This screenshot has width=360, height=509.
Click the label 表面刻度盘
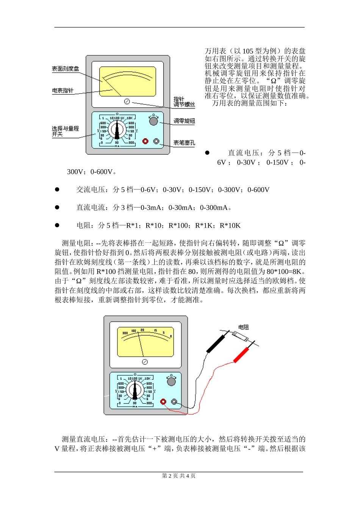pyautogui.click(x=65, y=69)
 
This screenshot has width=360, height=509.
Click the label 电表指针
pyautogui.click(x=63, y=91)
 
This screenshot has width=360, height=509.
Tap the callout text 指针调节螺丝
pyautogui.click(x=184, y=102)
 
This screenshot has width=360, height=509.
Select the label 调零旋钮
pyautogui.click(x=184, y=121)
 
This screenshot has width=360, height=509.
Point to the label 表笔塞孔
pyautogui.click(x=184, y=143)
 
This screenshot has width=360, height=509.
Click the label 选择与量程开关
pyautogui.click(x=65, y=131)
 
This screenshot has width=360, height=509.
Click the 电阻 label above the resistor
pyautogui.click(x=243, y=327)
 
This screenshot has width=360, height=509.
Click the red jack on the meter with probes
pyautogui.click(x=163, y=401)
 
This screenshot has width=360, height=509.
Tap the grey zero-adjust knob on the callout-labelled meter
pyautogui.click(x=153, y=121)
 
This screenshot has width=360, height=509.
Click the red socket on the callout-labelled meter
pyautogui.click(x=145, y=141)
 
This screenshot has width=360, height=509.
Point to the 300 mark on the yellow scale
pyautogui.click(x=125, y=333)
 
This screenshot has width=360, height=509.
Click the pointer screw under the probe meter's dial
pyautogui.click(x=144, y=362)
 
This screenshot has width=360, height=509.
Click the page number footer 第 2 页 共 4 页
pyautogui.click(x=179, y=476)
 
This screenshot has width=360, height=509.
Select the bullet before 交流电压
pyautogui.click(x=57, y=189)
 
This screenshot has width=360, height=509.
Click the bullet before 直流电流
pyautogui.click(x=57, y=207)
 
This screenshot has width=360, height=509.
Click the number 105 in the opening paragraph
pyautogui.click(x=248, y=51)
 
